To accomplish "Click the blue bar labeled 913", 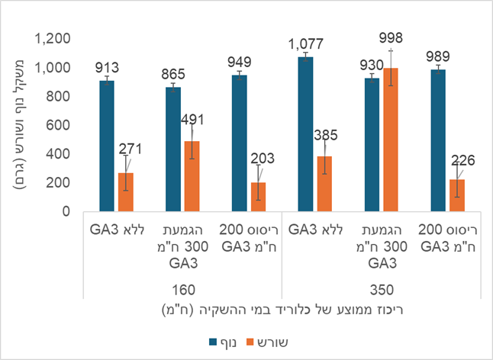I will point(107,146).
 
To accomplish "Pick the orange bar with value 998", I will point(391,140).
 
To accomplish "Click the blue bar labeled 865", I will point(173,149).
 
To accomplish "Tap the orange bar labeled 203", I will point(258,197).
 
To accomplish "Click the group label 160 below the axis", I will point(182,289).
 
